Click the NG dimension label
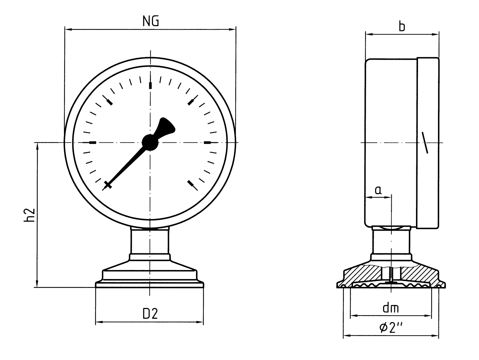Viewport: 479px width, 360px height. point(151,21)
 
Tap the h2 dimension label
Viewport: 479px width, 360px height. point(29,215)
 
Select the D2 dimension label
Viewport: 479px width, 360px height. point(150,314)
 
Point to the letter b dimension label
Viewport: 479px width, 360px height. point(402,27)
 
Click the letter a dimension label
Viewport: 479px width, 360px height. point(378,190)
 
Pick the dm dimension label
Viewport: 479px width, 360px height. point(391,308)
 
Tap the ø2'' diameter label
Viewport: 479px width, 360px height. point(391,328)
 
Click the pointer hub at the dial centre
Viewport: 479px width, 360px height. point(150,142)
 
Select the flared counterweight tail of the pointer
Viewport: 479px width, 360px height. point(165,128)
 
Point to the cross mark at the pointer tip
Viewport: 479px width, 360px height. point(108,185)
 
